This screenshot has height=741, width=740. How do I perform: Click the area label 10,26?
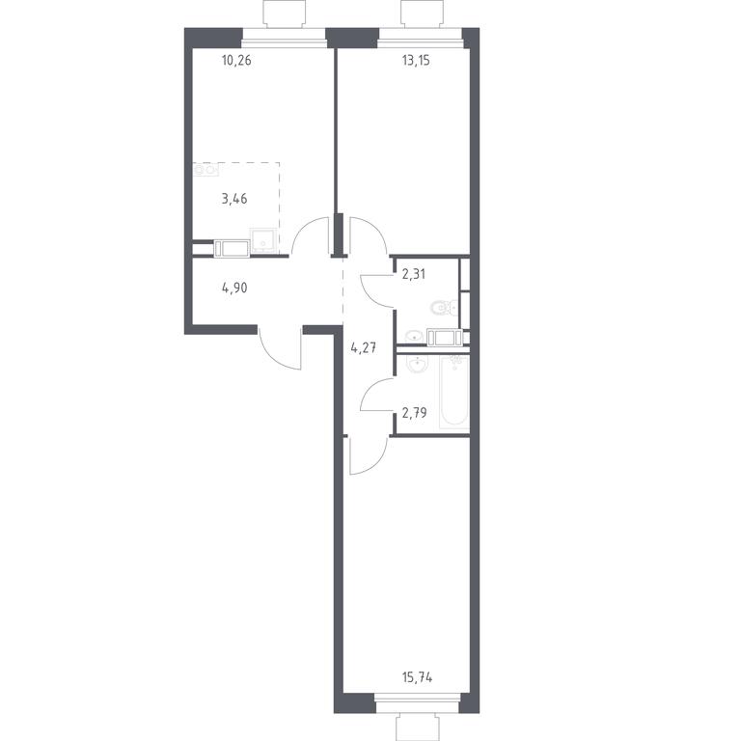pos(236,61)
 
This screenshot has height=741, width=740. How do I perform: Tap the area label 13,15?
pos(416,61)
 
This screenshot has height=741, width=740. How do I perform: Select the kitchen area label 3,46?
pos(234,199)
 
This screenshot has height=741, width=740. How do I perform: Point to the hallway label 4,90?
pos(234,288)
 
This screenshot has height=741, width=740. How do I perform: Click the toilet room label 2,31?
pos(414,274)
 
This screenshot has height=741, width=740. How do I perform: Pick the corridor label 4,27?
pos(364,348)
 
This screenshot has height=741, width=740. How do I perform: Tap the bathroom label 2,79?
pos(414,413)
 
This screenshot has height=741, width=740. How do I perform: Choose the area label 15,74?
pos(417,677)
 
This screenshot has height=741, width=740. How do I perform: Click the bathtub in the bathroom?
pos(454,393)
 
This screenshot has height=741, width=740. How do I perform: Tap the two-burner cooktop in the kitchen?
pos(206,169)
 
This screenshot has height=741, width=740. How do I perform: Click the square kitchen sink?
pos(263,240)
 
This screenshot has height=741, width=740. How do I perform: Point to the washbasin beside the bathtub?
pos(418,365)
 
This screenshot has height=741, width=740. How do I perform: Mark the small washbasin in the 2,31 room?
pos(415,336)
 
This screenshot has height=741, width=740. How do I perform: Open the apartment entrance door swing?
pos(280,348)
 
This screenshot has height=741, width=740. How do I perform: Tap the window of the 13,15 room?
pos(420,38)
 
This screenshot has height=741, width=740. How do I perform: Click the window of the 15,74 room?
pos(417,702)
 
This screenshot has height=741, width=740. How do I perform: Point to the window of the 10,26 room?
pos(285,38)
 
